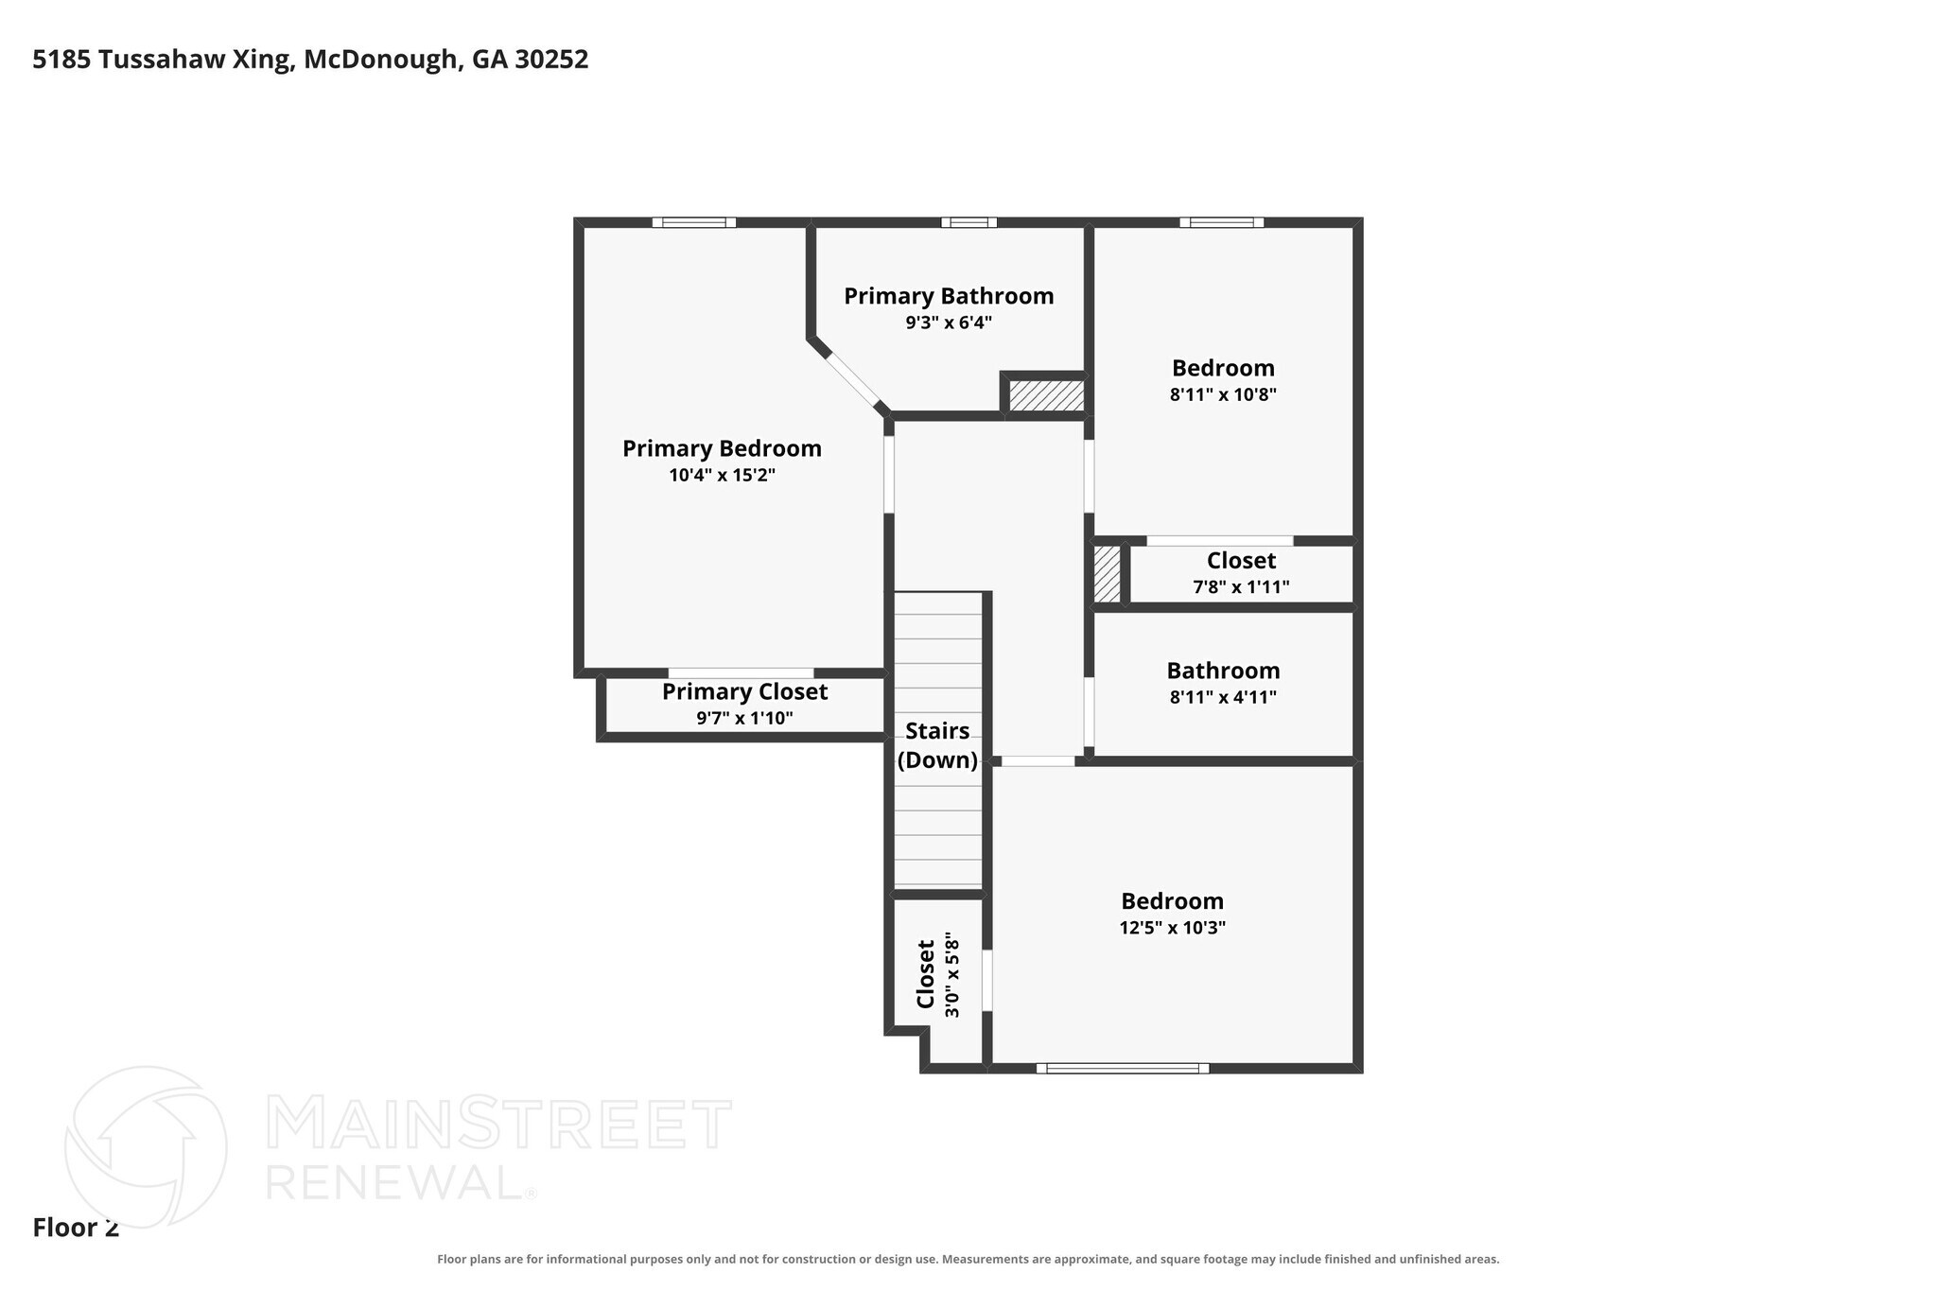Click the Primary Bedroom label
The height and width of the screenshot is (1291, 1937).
tap(722, 448)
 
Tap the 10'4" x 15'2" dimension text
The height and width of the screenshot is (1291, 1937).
tap(722, 475)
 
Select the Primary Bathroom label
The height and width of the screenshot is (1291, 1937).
tap(949, 296)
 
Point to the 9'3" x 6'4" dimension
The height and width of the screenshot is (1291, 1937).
tap(949, 323)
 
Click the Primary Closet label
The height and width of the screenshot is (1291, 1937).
tap(744, 692)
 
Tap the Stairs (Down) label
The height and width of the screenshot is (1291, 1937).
tap(937, 745)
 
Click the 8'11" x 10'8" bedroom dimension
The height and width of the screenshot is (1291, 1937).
tap(1223, 394)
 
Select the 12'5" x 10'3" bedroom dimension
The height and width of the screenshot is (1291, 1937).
tap(1172, 928)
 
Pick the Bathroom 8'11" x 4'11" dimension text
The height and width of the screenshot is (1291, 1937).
tap(1223, 697)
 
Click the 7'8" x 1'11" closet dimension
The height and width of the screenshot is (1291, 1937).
tap(1241, 587)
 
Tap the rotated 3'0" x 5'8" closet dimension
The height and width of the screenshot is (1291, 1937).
tap(951, 977)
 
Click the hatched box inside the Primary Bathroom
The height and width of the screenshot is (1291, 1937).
tap(1046, 395)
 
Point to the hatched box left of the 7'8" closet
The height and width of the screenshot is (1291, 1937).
tap(1107, 574)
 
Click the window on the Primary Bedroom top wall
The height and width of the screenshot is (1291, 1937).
tap(694, 223)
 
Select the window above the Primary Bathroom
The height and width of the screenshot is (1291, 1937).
tap(968, 223)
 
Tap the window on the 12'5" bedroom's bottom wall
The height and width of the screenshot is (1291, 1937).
tap(1123, 1069)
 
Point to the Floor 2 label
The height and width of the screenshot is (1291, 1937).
tap(76, 1229)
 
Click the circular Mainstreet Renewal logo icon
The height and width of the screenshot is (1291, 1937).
tap(146, 1147)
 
